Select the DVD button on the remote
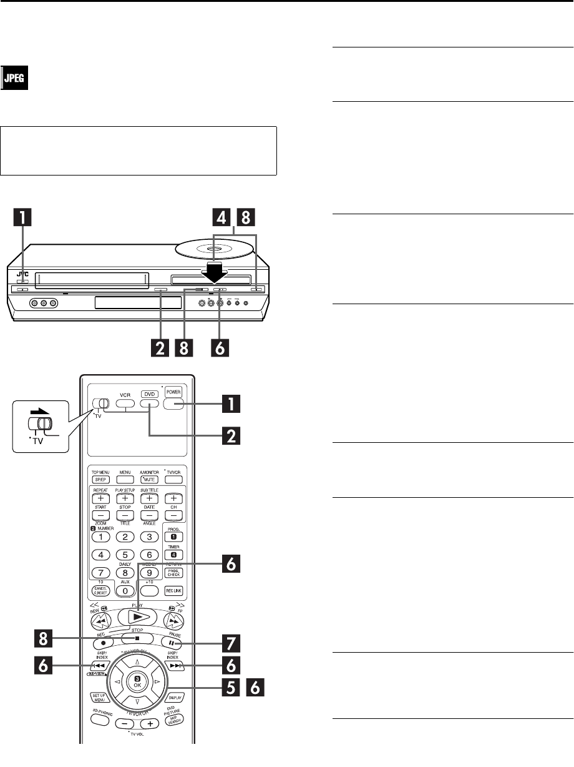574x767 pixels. click(148, 403)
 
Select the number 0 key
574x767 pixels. click(125, 590)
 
